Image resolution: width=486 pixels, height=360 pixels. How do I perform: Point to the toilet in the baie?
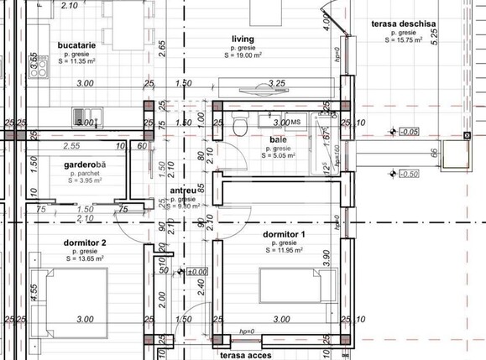tap(242, 125)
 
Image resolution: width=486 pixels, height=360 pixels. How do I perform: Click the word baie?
tap(278, 139)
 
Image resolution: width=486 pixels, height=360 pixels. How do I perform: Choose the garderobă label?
tap(87, 164)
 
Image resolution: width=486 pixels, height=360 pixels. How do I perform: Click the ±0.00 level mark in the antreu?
tap(196, 271)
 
